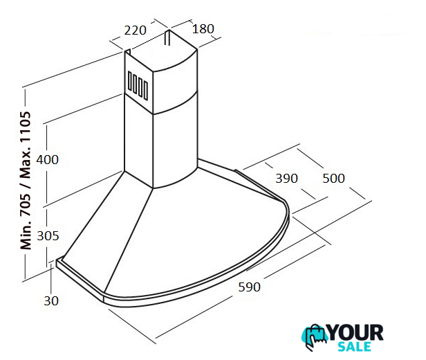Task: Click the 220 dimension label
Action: click(x=136, y=30)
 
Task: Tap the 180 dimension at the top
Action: click(x=203, y=29)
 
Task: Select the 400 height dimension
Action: click(x=47, y=160)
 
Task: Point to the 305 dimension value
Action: click(x=48, y=236)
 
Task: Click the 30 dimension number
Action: click(x=51, y=300)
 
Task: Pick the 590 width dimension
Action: click(x=249, y=287)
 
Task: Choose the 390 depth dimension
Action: click(x=286, y=179)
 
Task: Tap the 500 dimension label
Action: click(x=333, y=179)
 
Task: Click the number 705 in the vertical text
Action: click(x=26, y=201)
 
